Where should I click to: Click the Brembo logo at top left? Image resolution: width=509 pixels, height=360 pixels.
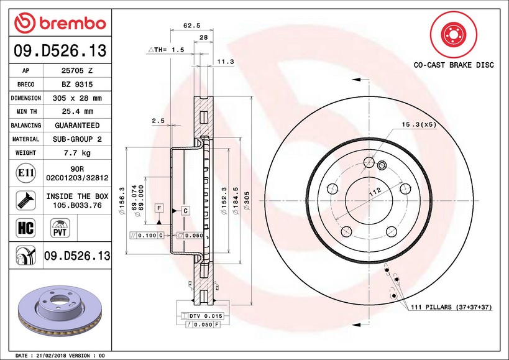tap(60, 23)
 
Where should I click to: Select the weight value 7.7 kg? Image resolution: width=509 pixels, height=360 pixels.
tap(77, 152)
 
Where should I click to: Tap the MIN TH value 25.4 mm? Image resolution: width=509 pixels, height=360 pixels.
tap(77, 111)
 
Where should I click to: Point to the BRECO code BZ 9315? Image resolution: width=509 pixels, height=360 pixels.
tap(77, 85)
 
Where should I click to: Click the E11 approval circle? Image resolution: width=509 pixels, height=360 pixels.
tap(25, 173)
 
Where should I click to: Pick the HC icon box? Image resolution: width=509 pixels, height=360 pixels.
tap(25, 228)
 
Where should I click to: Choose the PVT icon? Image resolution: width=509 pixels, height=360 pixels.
tap(60, 228)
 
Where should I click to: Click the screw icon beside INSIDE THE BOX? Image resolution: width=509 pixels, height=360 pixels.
tap(25, 200)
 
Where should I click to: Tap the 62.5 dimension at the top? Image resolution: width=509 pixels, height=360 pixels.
tap(192, 25)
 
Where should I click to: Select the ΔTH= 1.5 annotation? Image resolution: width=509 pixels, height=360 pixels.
tap(166, 50)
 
